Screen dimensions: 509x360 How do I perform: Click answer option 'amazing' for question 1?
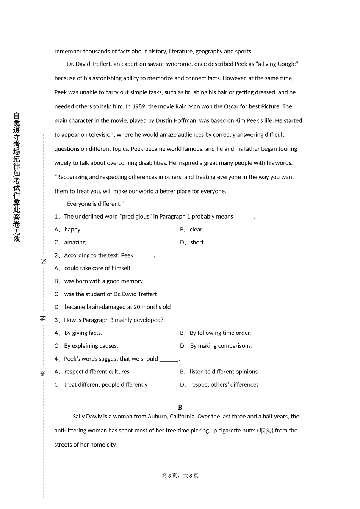tap(75, 242)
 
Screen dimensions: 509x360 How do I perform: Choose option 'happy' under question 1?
tap(72, 230)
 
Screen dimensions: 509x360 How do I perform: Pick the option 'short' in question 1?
tap(197, 242)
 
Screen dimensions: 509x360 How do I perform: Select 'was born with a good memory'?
tap(103, 281)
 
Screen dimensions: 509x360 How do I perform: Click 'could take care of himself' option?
tap(97, 268)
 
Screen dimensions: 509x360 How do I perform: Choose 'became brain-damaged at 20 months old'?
tap(117, 307)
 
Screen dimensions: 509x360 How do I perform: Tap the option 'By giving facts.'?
tap(83, 333)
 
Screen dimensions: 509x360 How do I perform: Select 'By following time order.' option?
tap(220, 333)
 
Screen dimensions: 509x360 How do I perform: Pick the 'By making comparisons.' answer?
tap(221, 346)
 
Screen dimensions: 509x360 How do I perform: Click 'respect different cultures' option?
tap(97, 372)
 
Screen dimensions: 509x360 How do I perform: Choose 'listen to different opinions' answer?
tap(224, 372)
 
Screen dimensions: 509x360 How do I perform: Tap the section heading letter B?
tap(180, 408)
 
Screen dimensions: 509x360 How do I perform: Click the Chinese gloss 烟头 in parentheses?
tap(265, 431)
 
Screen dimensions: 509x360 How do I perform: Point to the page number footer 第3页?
tap(169, 476)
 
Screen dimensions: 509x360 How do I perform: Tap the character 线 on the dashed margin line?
tap(43, 261)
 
